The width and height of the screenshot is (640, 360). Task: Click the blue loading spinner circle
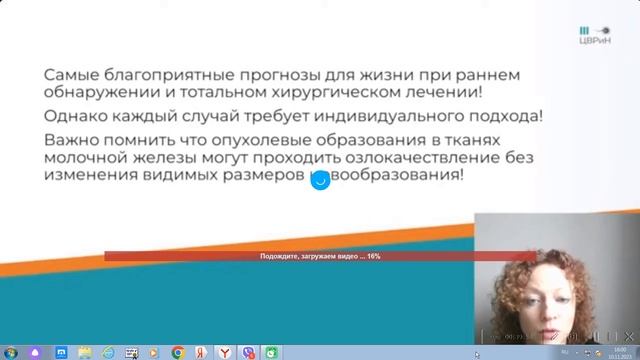[320, 181]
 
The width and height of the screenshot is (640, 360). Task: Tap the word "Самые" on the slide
[71, 77]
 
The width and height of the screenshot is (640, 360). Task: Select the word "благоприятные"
[170, 77]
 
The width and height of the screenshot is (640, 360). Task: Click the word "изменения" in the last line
[96, 175]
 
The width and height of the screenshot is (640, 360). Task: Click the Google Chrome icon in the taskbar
[177, 352]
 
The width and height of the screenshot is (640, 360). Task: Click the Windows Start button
[8, 352]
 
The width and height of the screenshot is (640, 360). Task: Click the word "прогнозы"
[283, 77]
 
